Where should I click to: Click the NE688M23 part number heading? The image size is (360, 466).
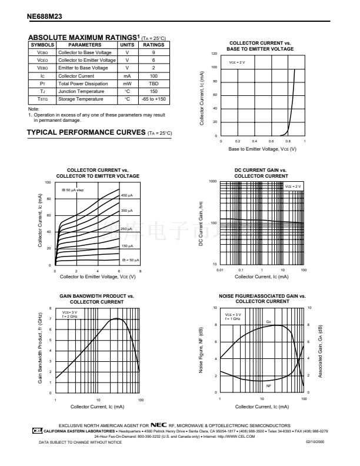click(x=48, y=18)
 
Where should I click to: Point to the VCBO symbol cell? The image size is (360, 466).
click(x=42, y=52)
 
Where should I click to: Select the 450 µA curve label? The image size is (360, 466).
click(x=127, y=195)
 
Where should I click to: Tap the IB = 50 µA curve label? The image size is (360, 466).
click(x=131, y=259)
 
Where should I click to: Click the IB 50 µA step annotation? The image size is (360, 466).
click(x=72, y=190)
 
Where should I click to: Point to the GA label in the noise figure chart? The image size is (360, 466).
click(x=268, y=322)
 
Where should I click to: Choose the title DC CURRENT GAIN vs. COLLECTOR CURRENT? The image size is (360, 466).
click(x=261, y=173)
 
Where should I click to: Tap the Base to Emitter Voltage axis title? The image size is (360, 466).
click(x=262, y=149)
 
